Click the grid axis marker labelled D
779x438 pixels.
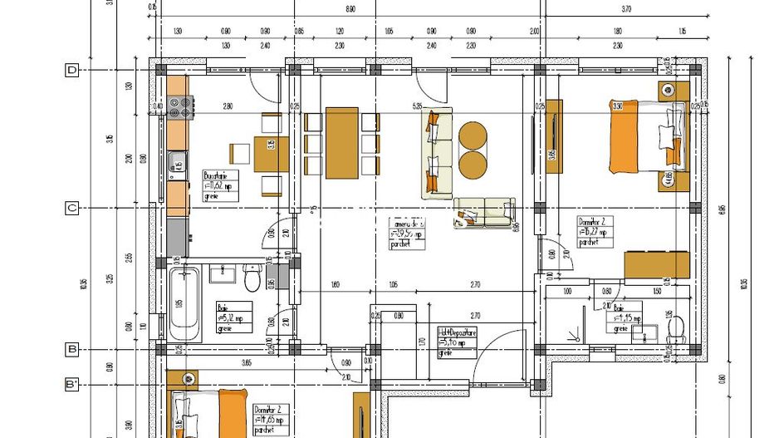[72, 71]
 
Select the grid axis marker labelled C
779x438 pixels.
[72, 208]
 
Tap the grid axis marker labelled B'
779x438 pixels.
[73, 385]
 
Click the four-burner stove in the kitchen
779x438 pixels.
[179, 106]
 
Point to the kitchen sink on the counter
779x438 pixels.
[178, 163]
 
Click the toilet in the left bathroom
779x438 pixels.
[252, 278]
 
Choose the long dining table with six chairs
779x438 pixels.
[343, 142]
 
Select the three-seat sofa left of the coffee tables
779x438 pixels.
[438, 153]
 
